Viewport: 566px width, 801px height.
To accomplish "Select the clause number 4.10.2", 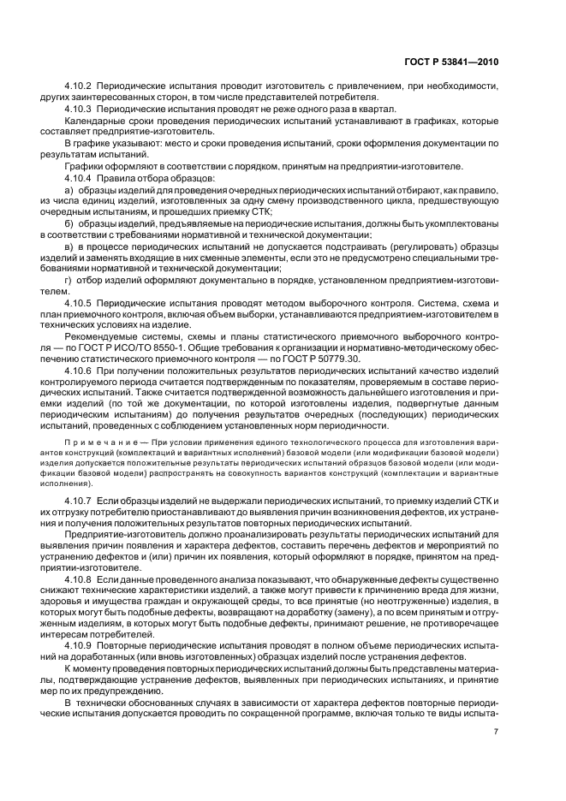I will tap(80, 86).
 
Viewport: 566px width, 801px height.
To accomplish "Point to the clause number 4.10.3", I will tap(80, 110).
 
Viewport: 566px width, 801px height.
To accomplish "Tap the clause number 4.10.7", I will tap(80, 498).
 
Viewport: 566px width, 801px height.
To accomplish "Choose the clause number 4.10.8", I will tap(80, 578).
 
